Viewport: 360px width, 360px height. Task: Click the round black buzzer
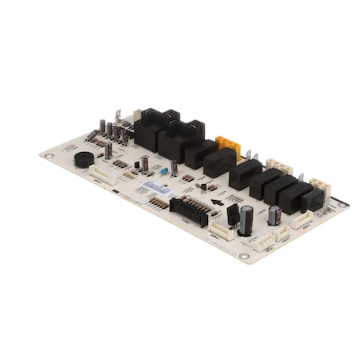(84, 158)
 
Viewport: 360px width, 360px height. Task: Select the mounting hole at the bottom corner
(243, 257)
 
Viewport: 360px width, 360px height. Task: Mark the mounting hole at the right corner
(342, 206)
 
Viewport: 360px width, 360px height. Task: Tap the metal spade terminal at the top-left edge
(118, 117)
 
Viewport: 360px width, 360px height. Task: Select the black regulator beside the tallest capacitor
(233, 214)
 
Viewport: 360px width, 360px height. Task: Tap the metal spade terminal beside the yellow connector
(247, 155)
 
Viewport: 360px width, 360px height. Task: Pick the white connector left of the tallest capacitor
(220, 230)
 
